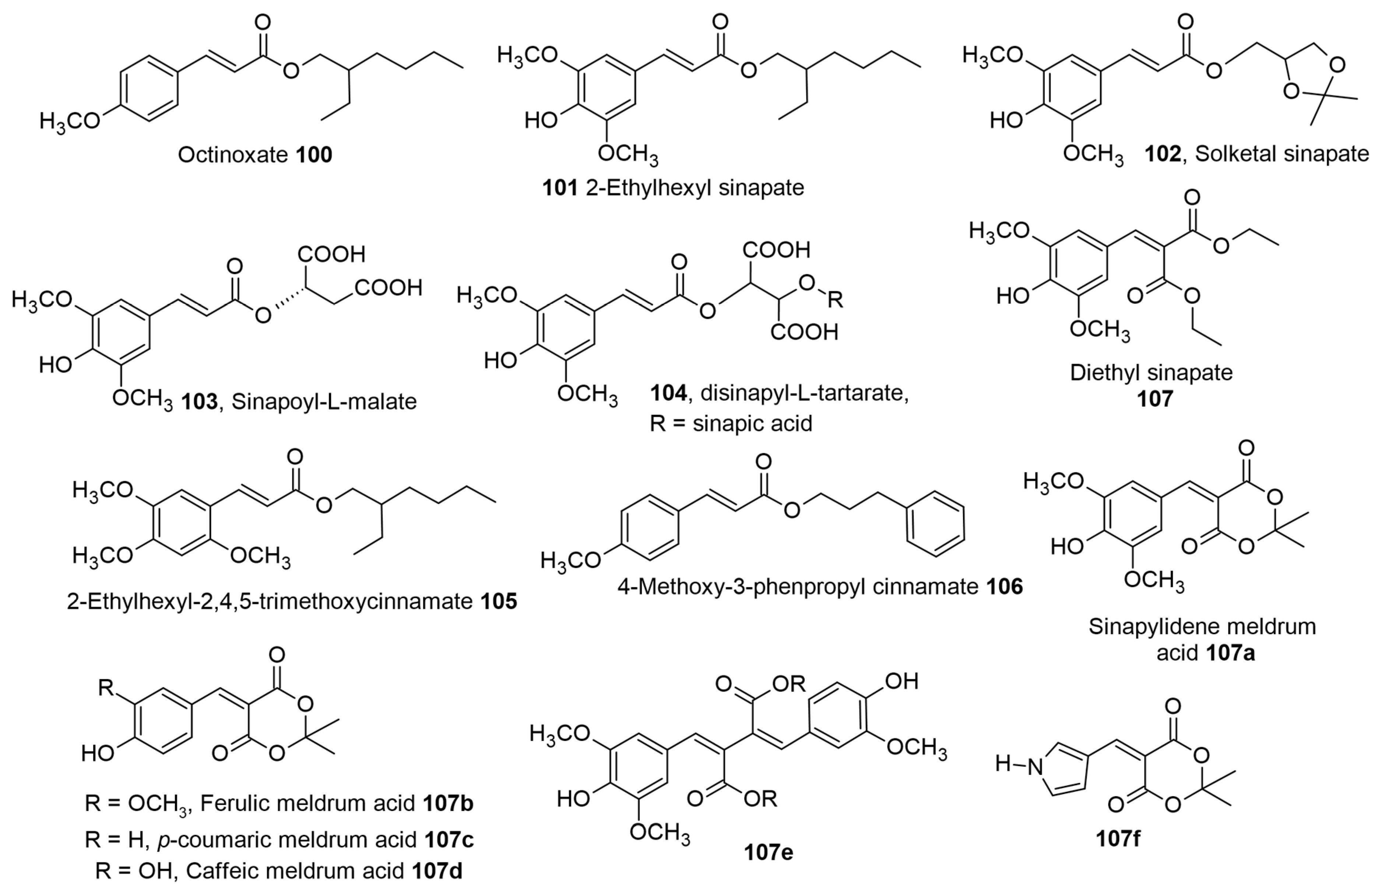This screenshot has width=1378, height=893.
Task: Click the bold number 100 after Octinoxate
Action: (x=314, y=155)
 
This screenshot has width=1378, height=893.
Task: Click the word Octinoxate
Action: (x=233, y=155)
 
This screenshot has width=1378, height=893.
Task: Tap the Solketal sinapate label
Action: (x=1281, y=154)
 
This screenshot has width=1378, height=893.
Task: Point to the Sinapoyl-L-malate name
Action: (x=324, y=402)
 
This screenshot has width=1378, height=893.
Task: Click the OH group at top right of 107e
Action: (x=902, y=681)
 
